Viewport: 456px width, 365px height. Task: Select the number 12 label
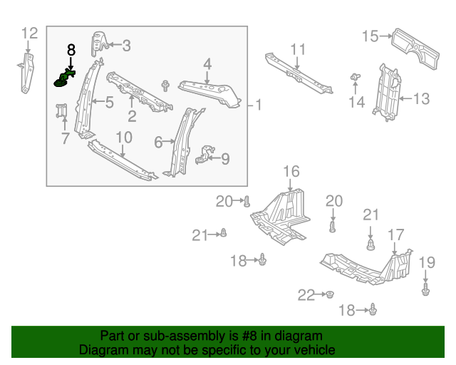(x=29, y=32)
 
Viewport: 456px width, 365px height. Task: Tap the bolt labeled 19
(x=426, y=289)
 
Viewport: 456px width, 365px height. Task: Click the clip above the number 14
(x=354, y=77)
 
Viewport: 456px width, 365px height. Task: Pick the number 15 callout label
(x=370, y=36)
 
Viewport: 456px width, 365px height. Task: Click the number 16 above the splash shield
(x=291, y=171)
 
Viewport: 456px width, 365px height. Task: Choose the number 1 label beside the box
(x=258, y=105)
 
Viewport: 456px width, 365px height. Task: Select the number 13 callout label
(x=421, y=98)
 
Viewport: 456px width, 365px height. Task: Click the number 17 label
(x=395, y=235)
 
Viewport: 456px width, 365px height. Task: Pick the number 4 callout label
(x=207, y=65)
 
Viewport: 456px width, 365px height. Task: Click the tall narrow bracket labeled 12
(x=28, y=71)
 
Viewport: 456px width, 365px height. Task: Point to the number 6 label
(x=158, y=143)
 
